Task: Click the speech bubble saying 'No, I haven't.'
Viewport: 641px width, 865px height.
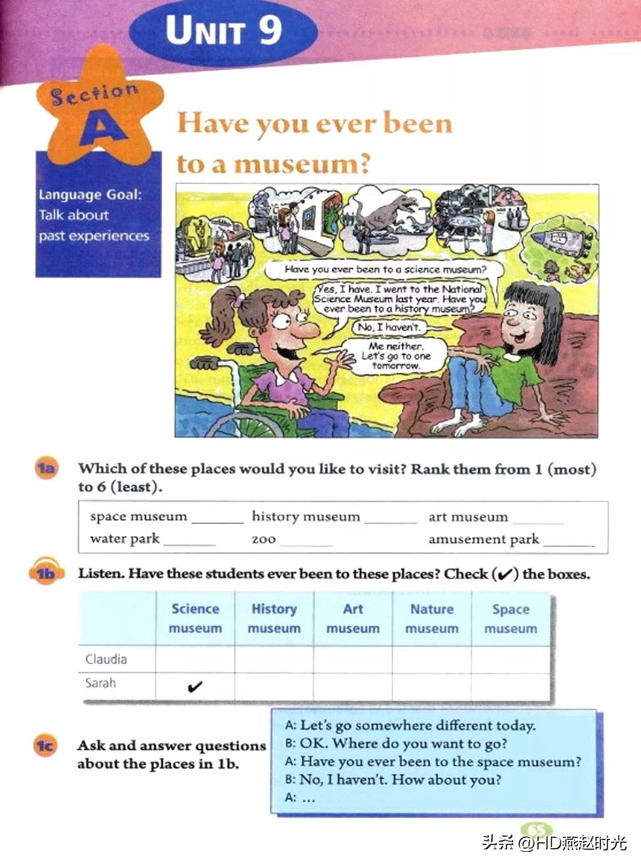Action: pyautogui.click(x=389, y=327)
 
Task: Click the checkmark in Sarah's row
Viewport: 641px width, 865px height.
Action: pyautogui.click(x=195, y=687)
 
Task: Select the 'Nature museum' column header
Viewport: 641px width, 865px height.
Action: pyautogui.click(x=432, y=618)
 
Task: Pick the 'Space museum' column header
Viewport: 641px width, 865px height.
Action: pyautogui.click(x=511, y=618)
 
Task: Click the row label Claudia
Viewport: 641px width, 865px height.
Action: pyautogui.click(x=106, y=659)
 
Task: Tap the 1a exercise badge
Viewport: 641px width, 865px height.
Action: pyautogui.click(x=46, y=468)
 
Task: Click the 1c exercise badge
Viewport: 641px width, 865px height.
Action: pyautogui.click(x=44, y=745)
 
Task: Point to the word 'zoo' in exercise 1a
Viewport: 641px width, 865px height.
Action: pyautogui.click(x=264, y=539)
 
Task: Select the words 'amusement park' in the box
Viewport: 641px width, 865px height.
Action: pyautogui.click(x=483, y=539)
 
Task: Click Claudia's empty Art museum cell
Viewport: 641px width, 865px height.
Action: pyautogui.click(x=352, y=660)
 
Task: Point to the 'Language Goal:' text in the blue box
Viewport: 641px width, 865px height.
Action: pyautogui.click(x=90, y=195)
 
